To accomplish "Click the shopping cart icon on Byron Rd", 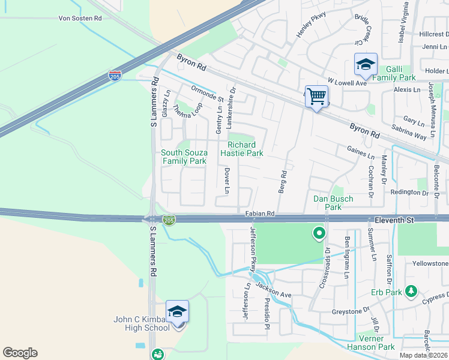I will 316,95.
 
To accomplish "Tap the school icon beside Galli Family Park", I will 365,65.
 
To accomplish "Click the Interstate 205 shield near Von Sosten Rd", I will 115,76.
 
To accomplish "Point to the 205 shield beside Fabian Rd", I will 170,221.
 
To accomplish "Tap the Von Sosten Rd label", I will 80,19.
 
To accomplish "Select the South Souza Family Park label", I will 184,157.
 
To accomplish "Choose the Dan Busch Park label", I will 333,203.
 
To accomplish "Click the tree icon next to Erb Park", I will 411,292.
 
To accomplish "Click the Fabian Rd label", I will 259,213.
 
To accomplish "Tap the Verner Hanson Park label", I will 371,343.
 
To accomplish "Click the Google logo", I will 20,353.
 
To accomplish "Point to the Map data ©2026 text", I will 423,355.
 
